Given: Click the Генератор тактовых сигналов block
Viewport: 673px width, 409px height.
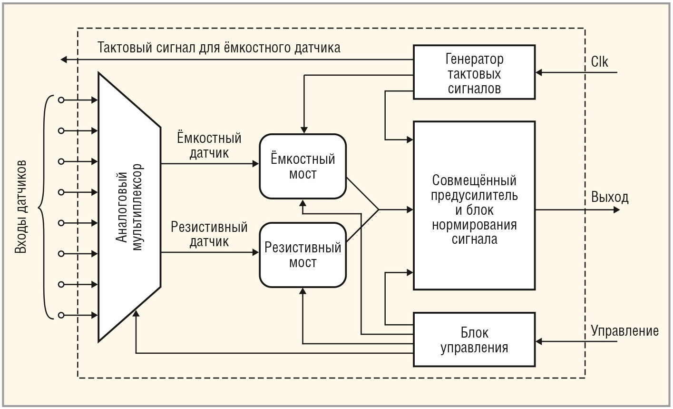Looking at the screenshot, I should click(474, 72).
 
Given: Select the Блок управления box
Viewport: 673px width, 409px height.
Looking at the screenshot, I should click(474, 339).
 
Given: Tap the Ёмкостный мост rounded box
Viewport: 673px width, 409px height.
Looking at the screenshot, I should click(302, 166).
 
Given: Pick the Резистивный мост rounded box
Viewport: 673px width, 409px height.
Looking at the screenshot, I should click(302, 255).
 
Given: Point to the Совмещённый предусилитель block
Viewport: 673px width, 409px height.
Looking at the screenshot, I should click(474, 206).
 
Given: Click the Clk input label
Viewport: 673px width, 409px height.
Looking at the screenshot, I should click(600, 62).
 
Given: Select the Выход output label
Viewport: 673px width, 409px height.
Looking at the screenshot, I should click(610, 198).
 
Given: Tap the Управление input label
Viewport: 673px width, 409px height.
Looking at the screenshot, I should click(624, 331).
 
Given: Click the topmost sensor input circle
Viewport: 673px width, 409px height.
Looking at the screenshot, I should click(61, 100).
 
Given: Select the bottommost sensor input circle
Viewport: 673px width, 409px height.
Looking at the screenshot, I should click(61, 315).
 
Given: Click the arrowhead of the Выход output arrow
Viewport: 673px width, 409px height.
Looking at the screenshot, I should click(616, 209).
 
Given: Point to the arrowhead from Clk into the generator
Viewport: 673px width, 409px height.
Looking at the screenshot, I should click(539, 73).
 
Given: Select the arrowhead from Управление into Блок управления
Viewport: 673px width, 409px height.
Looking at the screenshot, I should click(539, 341).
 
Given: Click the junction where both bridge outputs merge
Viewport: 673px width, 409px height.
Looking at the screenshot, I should click(378, 209).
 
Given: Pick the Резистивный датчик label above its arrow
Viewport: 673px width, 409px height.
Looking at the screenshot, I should click(209, 234).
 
